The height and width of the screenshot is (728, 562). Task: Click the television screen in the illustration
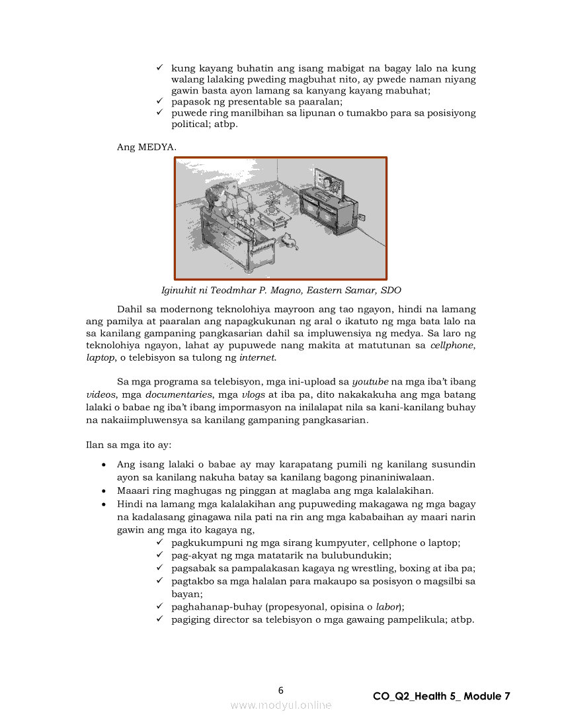(x=329, y=182)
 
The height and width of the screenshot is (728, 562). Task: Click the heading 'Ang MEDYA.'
(x=147, y=147)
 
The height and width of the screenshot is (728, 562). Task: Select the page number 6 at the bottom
(x=281, y=690)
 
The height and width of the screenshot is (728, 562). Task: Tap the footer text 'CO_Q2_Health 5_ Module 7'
(x=441, y=696)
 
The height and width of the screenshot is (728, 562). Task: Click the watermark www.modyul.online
(x=281, y=705)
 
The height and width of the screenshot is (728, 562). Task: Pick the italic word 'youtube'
(x=370, y=382)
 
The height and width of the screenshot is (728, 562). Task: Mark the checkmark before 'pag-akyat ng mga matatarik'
(x=159, y=555)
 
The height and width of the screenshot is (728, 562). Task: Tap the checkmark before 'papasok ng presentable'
(x=159, y=101)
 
